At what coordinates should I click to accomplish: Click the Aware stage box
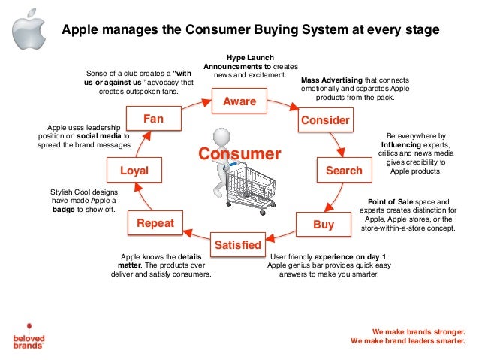[x=239, y=101]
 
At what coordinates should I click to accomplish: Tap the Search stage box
[x=344, y=171]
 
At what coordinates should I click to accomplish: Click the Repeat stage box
[x=155, y=223]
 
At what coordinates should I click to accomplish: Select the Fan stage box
[x=154, y=119]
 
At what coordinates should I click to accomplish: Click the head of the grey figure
[x=220, y=136]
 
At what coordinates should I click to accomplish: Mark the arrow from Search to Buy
[x=339, y=198]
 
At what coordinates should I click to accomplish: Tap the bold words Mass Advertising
[x=332, y=79]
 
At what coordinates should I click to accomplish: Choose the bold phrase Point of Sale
[x=390, y=201]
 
